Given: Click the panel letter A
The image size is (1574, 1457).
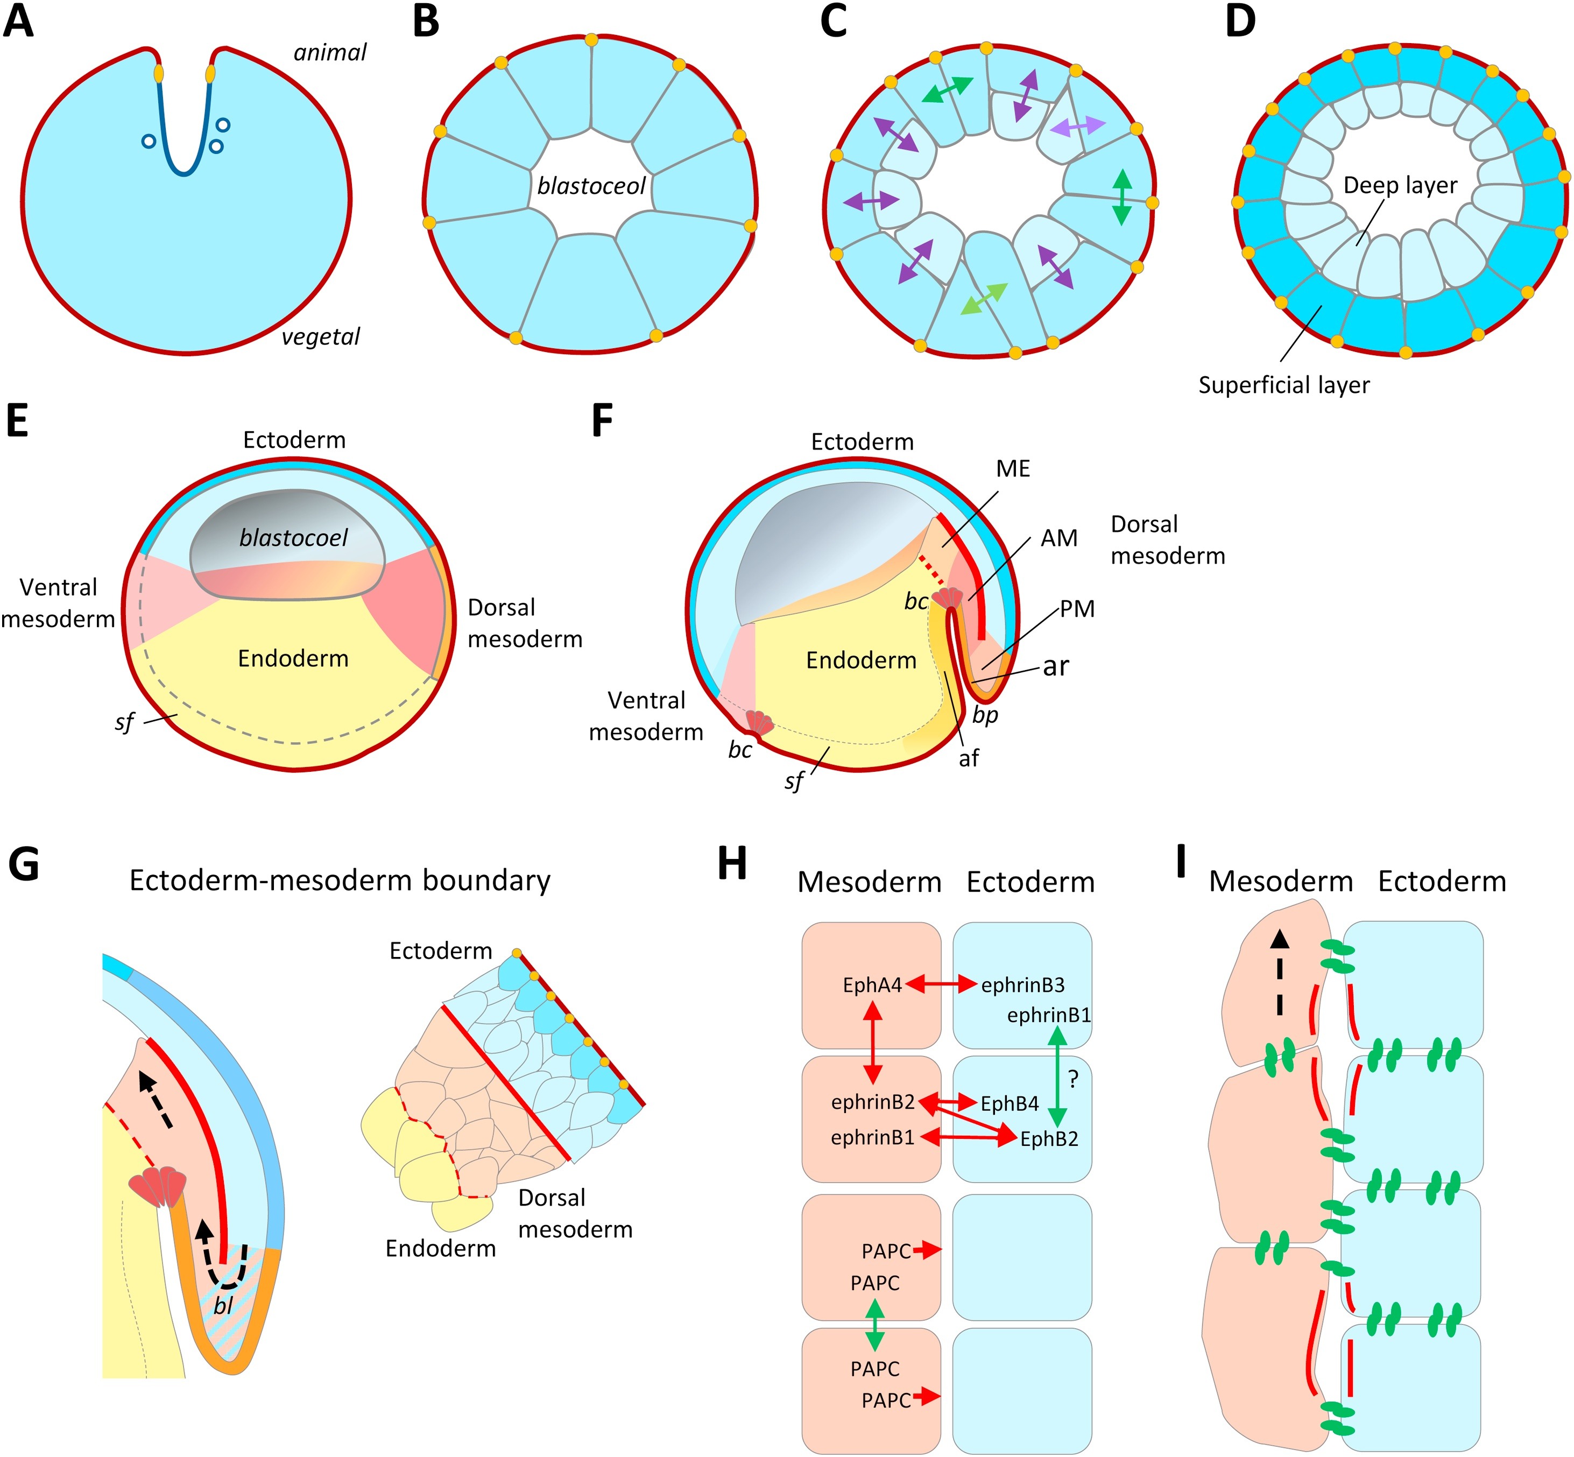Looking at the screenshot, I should (19, 22).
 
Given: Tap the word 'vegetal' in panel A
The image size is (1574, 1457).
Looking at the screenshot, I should (320, 337).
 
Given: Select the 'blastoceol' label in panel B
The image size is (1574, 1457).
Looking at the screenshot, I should (591, 186).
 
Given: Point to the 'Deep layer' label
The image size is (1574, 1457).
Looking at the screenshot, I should (1400, 185).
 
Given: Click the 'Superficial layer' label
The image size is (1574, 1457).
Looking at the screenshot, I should (1283, 385).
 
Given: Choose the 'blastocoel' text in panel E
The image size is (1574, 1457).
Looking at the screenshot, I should (293, 538).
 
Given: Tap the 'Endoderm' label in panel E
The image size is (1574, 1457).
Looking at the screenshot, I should (293, 658).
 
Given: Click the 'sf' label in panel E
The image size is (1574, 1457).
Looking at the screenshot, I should (124, 721).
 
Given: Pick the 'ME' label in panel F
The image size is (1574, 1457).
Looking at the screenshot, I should (1013, 469).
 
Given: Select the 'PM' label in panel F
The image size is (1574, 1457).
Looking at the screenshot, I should (1077, 609).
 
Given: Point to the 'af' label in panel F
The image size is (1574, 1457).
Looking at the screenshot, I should (969, 758).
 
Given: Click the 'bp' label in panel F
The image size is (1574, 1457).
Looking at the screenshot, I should (985, 715).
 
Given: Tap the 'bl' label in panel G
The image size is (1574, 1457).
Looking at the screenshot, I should (224, 1306).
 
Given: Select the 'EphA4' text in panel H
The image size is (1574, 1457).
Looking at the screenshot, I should (872, 986).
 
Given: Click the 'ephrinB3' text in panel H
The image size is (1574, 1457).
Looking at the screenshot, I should (1022, 986).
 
